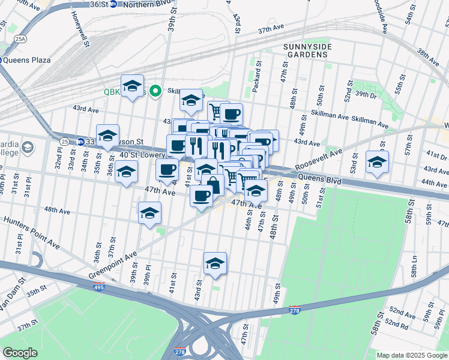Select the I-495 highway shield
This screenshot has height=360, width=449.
(99, 287)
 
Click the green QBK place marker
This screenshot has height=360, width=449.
(155, 92)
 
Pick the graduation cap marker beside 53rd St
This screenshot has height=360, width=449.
(377, 162)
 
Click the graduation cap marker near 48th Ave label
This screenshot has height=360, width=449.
(149, 213)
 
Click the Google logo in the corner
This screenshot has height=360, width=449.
(20, 352)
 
